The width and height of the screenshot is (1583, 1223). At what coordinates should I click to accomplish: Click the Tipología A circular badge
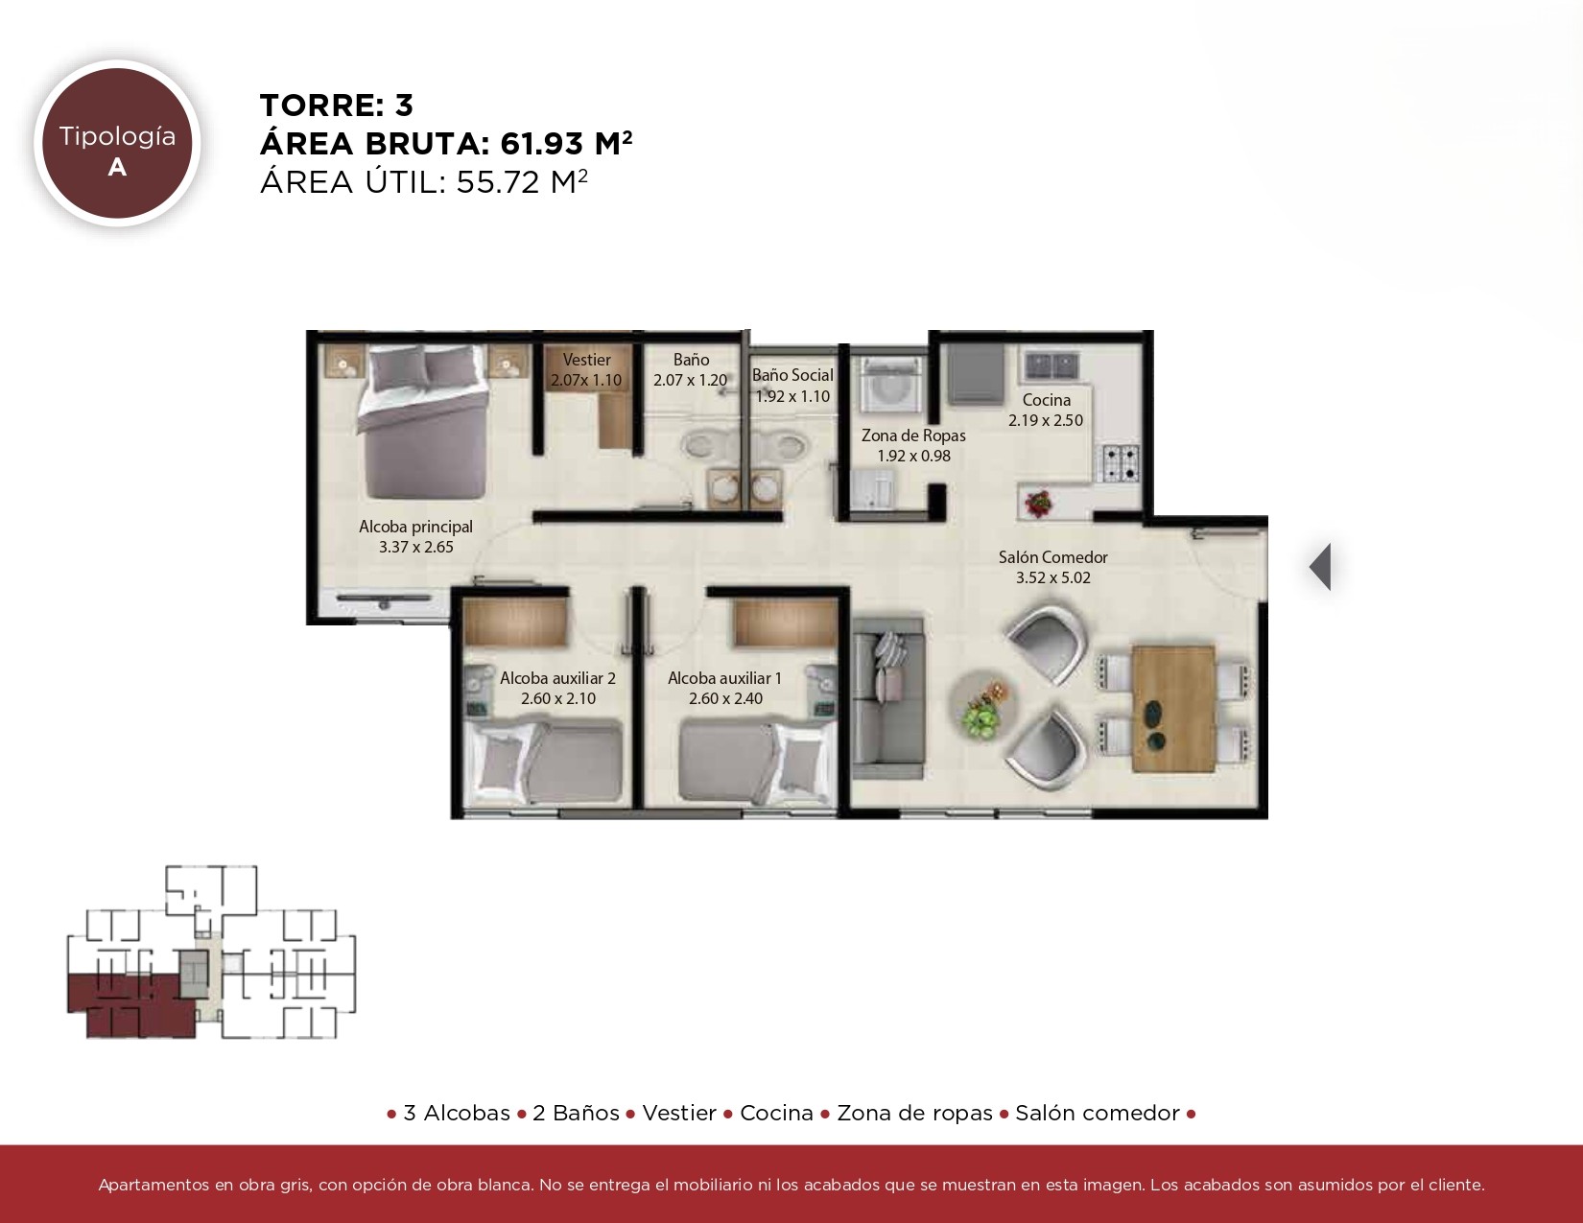click(117, 143)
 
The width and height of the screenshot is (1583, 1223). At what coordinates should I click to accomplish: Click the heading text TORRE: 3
click(337, 106)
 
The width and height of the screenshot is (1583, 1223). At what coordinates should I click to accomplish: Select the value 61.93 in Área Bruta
click(541, 144)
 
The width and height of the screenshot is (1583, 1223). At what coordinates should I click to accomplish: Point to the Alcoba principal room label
click(416, 526)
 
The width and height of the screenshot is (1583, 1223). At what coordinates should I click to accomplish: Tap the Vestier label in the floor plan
click(586, 360)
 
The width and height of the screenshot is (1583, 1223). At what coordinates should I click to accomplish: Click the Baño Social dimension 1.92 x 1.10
click(792, 396)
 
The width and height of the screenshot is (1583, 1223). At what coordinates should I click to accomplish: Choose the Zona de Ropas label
click(913, 435)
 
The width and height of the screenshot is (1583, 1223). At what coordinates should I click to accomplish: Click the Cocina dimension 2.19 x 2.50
click(1046, 420)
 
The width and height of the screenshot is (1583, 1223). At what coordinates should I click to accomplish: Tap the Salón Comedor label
click(1052, 557)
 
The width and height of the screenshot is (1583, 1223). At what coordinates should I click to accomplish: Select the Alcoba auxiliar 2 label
click(558, 678)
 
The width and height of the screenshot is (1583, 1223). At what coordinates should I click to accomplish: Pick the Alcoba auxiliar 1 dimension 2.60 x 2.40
click(725, 698)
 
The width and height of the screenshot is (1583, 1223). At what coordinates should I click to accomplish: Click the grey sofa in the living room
click(888, 698)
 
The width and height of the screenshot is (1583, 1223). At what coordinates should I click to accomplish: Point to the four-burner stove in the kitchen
click(1121, 463)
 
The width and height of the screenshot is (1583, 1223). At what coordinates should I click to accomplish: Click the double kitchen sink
click(1051, 365)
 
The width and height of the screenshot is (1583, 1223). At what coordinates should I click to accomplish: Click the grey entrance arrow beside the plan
click(1320, 567)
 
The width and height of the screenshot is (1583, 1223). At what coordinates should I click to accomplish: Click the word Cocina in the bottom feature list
click(776, 1113)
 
